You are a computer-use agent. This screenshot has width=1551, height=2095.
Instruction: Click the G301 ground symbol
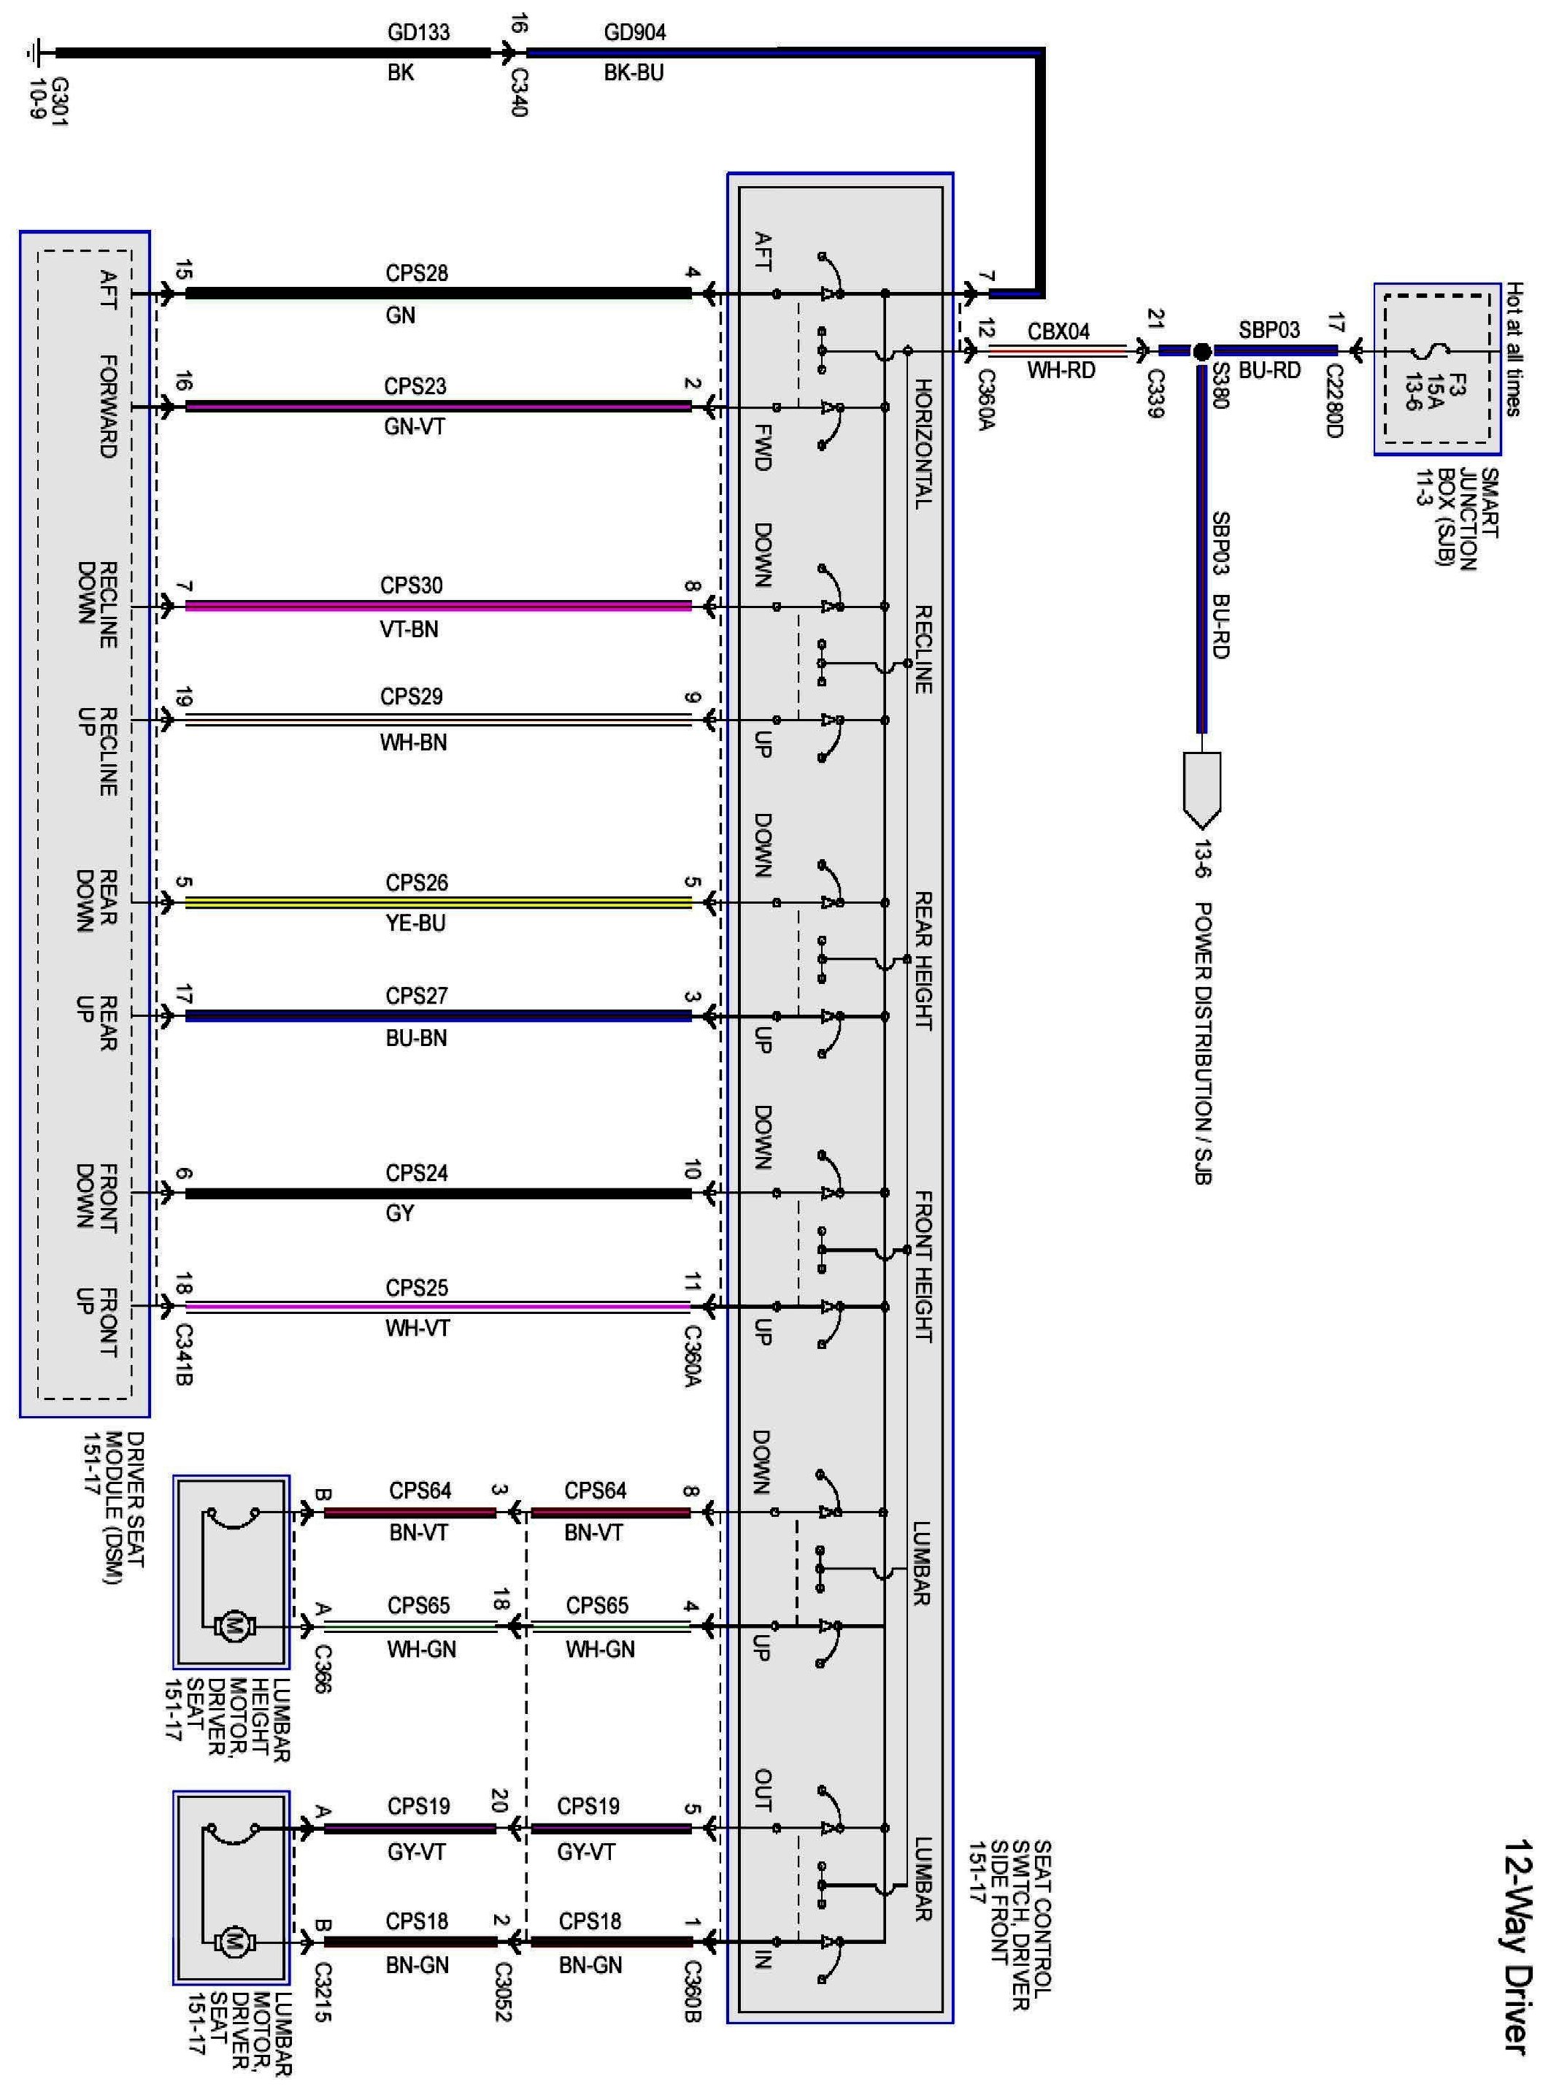coord(37,53)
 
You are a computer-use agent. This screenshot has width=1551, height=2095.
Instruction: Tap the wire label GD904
coord(635,33)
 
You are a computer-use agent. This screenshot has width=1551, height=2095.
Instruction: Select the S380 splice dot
coord(1201,352)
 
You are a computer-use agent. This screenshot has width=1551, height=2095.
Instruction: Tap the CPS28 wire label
coord(416,273)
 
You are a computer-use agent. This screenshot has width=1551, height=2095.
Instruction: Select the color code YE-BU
coord(415,924)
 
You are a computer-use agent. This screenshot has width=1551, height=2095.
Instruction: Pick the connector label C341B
coord(184,1355)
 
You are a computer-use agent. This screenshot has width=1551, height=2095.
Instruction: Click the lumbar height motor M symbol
coord(231,1627)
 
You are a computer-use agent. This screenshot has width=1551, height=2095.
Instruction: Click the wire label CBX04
coord(1059,331)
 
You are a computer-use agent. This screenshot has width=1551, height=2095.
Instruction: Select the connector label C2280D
coord(1334,400)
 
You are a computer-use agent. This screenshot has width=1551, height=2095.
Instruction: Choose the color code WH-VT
coord(417,1329)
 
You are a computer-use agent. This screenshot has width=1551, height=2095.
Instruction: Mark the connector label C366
coord(321,1668)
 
